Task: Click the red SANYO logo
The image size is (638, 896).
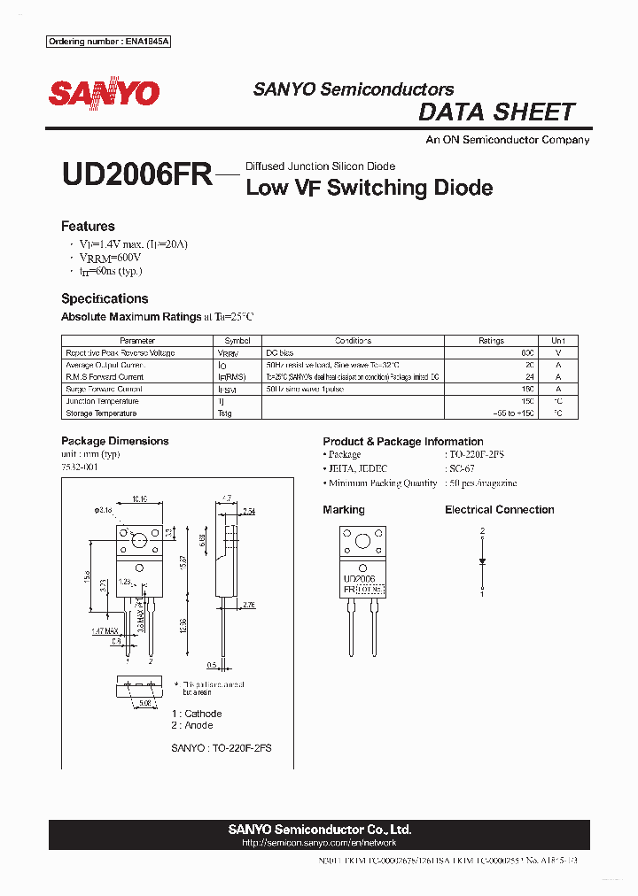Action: coord(104,94)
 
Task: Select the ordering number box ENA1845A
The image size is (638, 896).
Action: coord(108,42)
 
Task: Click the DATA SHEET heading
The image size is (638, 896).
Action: coord(496,112)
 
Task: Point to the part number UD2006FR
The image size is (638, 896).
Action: coord(136,174)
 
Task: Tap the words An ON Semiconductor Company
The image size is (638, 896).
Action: coord(507,140)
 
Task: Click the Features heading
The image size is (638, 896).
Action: coord(88,226)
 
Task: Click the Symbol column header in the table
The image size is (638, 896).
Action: coord(237,341)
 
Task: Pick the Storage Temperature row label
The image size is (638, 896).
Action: coord(101,413)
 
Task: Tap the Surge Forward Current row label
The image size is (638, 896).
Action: coord(104,389)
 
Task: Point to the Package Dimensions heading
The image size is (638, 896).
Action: coord(114,441)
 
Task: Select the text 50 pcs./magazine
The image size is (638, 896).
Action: coord(482,483)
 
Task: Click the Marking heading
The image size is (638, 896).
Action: coord(344,510)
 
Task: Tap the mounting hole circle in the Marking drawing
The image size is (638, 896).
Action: coord(362,543)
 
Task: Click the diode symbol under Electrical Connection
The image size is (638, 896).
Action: coord(482,561)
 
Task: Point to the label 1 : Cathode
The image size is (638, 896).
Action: coord(196,714)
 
